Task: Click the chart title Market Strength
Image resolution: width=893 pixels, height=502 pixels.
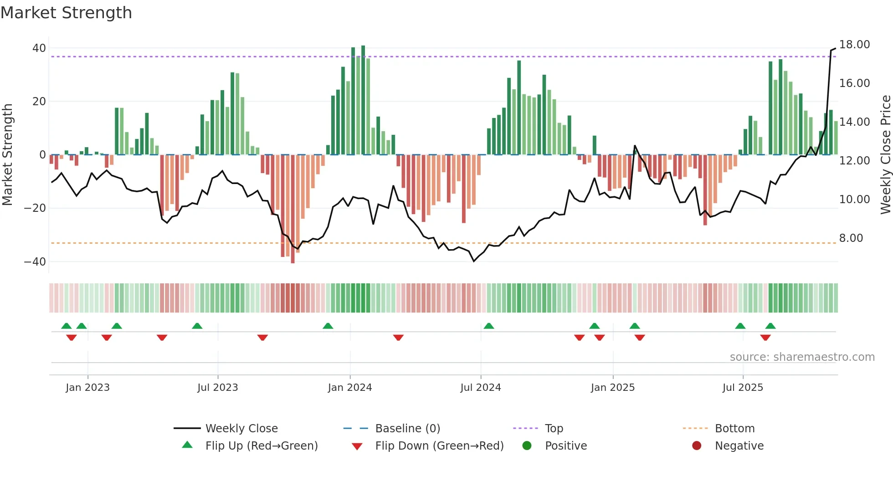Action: (66, 13)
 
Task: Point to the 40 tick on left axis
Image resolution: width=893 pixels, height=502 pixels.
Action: (39, 48)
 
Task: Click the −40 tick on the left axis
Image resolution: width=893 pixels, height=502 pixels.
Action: (35, 262)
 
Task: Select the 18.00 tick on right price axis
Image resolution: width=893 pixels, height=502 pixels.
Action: (854, 45)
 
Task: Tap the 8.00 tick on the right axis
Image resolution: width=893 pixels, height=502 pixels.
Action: (851, 238)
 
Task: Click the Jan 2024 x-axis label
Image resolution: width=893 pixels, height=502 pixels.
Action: (349, 388)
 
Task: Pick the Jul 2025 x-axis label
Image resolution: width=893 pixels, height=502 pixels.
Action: (742, 388)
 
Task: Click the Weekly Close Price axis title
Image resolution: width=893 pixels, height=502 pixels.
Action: (885, 155)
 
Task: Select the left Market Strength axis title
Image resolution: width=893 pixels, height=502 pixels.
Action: (7, 155)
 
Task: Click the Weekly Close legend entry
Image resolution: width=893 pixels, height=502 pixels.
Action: (241, 429)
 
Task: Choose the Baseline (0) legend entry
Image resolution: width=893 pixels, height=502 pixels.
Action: (407, 429)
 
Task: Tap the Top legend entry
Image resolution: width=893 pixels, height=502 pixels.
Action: (554, 429)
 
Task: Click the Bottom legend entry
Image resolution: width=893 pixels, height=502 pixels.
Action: (734, 429)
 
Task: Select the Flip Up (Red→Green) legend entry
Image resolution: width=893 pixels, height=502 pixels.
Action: (261, 446)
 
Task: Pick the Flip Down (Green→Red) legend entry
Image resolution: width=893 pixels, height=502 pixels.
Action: (439, 446)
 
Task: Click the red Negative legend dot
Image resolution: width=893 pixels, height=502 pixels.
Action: (696, 446)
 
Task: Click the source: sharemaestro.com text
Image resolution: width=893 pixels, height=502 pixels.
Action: (802, 357)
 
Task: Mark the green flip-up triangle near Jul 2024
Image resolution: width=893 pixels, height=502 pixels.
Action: (488, 326)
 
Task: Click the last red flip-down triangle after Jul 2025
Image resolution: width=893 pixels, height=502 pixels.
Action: (765, 338)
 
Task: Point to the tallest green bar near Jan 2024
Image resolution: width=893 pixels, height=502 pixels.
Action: (363, 100)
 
